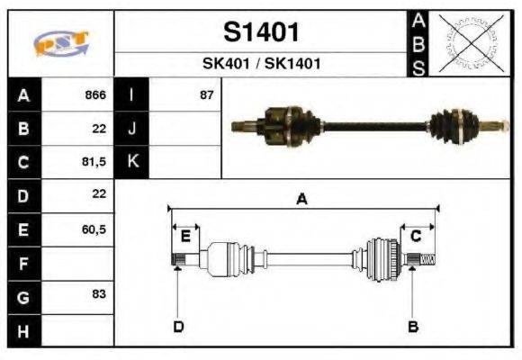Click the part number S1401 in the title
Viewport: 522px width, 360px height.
click(260, 32)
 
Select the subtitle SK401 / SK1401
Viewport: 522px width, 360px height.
click(260, 65)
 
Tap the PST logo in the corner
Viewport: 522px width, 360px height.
click(60, 44)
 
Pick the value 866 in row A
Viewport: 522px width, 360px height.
click(94, 95)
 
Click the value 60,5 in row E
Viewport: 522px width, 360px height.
click(94, 229)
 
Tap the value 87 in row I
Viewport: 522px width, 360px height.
click(206, 95)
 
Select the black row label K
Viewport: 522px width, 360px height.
click(132, 162)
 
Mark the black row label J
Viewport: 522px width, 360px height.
click(132, 129)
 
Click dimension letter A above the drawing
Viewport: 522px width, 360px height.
click(302, 200)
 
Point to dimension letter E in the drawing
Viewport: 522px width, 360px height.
click(185, 236)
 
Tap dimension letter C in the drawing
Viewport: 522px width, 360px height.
click(416, 236)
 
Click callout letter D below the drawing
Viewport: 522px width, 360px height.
click(178, 326)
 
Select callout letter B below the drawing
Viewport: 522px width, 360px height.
click(413, 326)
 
